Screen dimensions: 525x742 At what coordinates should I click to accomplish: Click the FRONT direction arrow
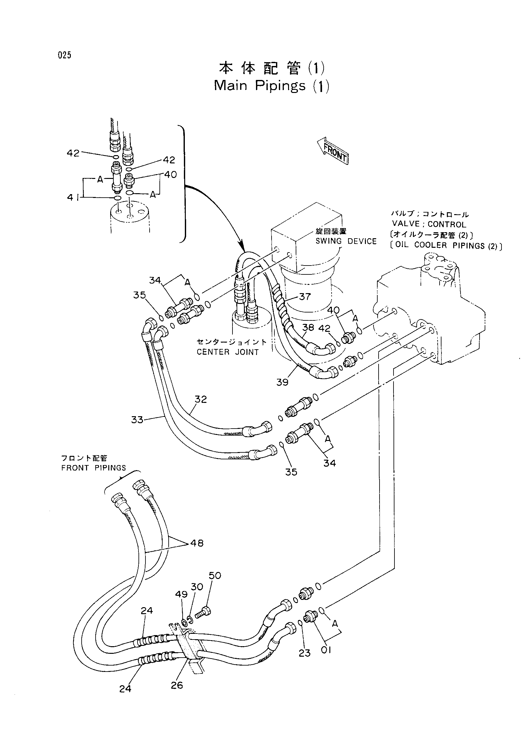point(333,151)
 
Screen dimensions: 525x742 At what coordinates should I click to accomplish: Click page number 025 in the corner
point(65,55)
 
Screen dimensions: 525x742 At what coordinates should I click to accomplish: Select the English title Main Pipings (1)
point(272,86)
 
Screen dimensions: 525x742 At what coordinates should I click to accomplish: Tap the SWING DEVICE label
point(346,241)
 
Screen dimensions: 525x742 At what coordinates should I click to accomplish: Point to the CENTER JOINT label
point(228,352)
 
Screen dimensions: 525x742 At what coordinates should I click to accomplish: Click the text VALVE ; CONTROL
point(429,224)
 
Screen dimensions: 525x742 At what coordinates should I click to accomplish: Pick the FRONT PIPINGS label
point(93,468)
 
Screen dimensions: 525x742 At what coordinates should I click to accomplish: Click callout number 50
point(215,575)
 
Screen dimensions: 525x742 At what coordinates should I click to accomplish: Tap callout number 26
point(177,685)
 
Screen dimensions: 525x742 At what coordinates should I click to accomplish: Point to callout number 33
point(137,419)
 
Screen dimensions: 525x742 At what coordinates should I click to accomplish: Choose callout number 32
point(200,399)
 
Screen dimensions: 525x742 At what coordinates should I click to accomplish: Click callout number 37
point(305,296)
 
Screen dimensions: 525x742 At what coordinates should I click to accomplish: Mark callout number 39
point(282,382)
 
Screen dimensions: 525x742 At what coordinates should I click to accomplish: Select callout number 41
point(73,197)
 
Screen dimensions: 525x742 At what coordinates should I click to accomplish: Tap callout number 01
point(326,650)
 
